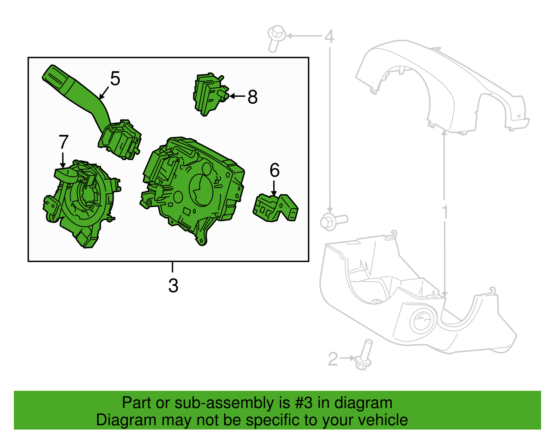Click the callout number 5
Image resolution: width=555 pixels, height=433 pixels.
115,79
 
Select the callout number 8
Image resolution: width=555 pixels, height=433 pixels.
253,97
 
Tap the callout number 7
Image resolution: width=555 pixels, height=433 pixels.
63,142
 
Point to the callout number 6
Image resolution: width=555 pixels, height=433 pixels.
274,170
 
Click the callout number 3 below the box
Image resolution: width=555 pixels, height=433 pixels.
173,286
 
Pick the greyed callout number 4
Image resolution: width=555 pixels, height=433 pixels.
329,36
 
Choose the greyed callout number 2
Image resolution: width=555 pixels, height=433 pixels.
333,359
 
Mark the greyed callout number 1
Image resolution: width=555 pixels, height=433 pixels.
445,212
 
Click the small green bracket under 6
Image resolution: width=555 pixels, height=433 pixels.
276,208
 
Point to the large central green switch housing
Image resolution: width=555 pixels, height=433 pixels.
194,187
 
